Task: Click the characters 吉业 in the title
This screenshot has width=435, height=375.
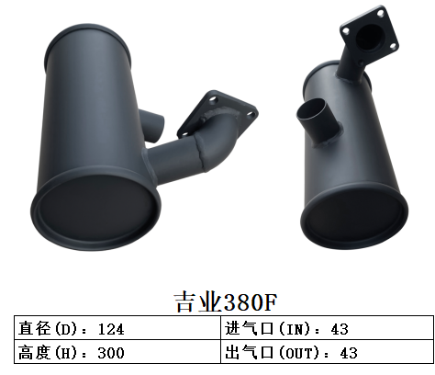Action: (x=194, y=302)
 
